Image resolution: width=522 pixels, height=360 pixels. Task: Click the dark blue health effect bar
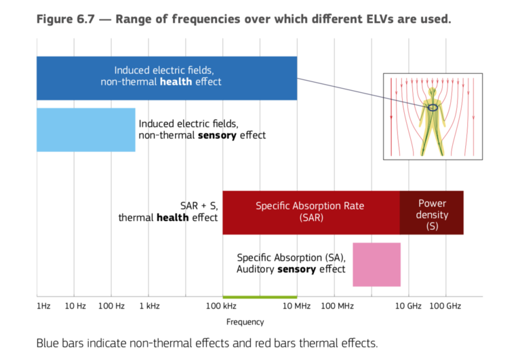(167, 78)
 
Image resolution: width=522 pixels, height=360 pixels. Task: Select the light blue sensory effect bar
(86, 130)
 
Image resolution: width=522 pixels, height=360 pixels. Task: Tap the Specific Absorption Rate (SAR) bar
(311, 213)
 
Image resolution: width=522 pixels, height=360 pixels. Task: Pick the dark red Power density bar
(431, 213)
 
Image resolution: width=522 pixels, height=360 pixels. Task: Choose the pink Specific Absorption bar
(376, 264)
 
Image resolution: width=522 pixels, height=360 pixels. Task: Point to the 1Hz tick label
(43, 306)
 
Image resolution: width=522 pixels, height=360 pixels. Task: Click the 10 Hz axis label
(75, 306)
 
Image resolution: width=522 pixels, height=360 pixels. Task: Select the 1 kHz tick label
(149, 306)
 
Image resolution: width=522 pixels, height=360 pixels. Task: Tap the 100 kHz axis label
(221, 306)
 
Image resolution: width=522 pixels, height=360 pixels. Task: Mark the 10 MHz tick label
(296, 306)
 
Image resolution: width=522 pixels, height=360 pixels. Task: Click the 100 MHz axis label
(337, 306)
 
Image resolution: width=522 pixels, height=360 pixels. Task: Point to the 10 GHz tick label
(408, 306)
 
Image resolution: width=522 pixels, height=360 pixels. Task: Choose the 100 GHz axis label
(445, 306)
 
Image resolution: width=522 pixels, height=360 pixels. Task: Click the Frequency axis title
(245, 322)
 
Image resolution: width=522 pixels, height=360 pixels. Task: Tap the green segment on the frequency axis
(260, 297)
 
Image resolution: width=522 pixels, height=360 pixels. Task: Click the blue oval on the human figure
(433, 108)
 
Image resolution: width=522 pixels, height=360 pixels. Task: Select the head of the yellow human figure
(433, 92)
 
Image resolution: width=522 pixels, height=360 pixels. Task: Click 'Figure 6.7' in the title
(66, 19)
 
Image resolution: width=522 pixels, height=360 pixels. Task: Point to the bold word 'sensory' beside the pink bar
(297, 269)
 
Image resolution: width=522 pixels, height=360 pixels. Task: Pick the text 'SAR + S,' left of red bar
(199, 206)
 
